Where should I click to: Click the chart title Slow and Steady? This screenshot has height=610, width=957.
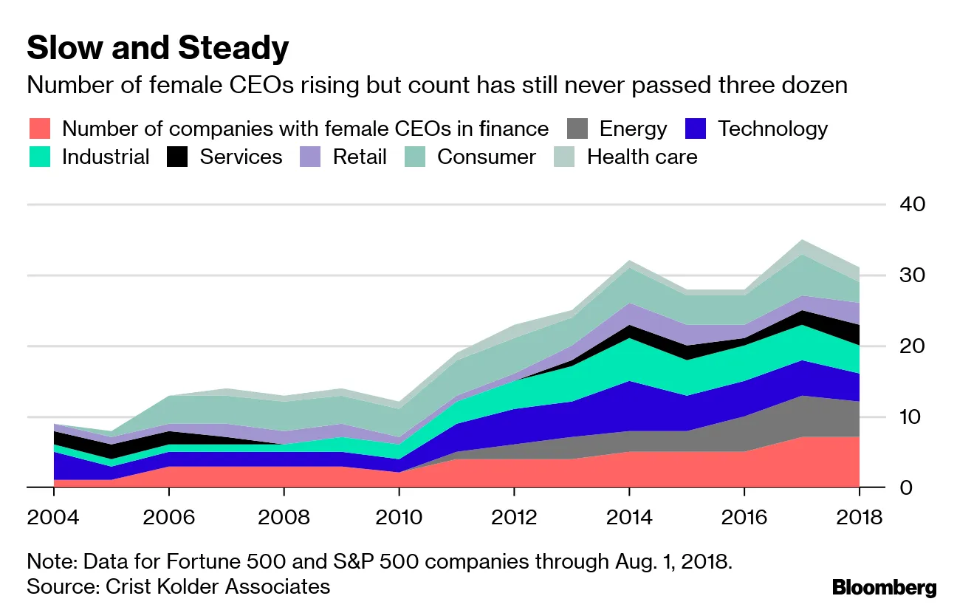(x=157, y=49)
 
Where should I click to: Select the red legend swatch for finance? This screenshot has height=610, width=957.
(x=40, y=129)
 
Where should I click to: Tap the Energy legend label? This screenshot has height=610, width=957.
(x=633, y=129)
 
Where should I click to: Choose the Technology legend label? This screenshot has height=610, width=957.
(x=772, y=129)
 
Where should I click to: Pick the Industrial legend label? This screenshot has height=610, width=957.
(x=106, y=157)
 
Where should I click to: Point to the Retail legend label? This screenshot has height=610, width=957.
(x=360, y=157)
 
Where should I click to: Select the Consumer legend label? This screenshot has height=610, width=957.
(x=487, y=157)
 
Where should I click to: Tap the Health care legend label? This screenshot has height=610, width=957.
(x=642, y=157)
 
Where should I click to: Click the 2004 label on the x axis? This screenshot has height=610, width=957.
(x=53, y=517)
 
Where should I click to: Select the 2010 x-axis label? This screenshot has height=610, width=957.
(x=399, y=517)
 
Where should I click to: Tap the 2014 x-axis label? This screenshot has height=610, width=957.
(x=630, y=517)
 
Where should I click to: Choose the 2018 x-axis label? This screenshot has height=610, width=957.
(x=860, y=517)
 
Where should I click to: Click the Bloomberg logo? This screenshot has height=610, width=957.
(x=884, y=588)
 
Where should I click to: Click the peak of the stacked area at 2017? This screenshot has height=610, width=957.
(x=802, y=241)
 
